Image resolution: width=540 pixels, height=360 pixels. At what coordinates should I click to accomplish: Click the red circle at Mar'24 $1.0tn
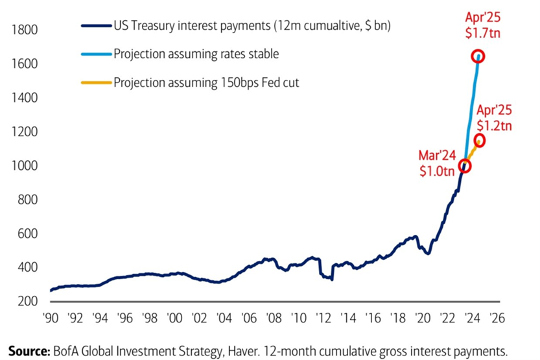point(464,166)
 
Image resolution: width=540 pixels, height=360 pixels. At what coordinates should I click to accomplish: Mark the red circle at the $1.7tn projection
point(478,56)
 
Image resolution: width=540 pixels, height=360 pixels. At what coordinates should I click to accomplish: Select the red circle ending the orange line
point(480,140)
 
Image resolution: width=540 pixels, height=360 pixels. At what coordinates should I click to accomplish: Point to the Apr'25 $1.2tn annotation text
point(494,117)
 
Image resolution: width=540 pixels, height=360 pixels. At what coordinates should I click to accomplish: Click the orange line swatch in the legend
point(96,82)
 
